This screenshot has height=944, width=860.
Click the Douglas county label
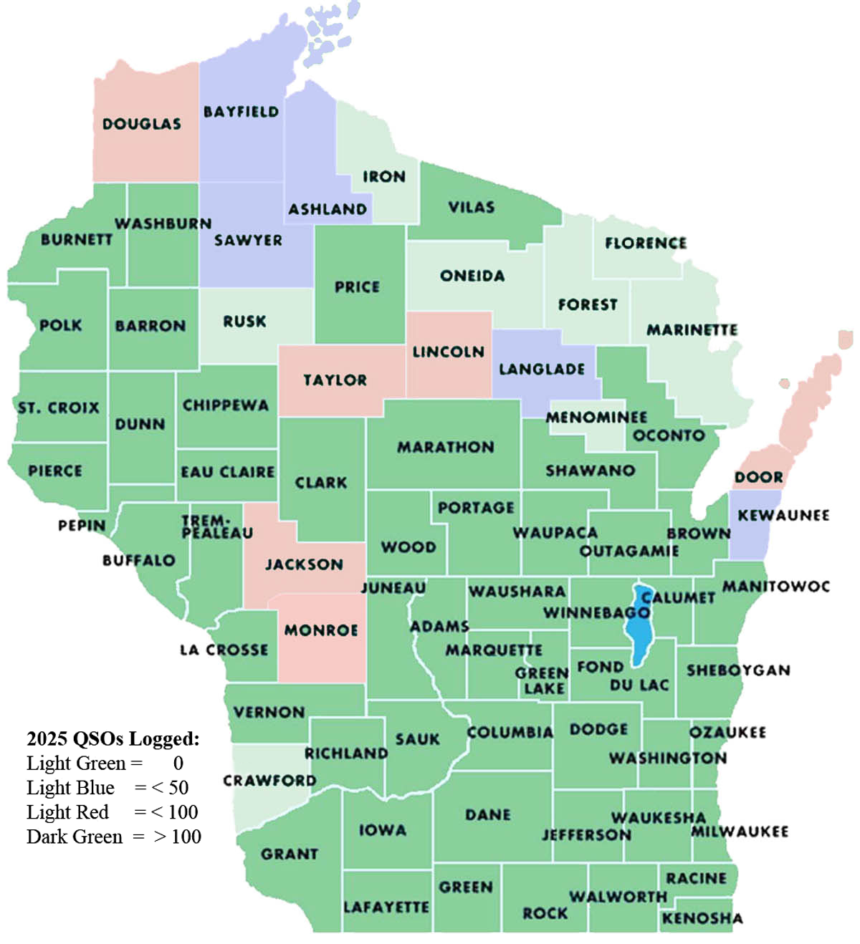click(x=141, y=124)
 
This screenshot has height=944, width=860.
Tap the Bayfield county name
click(x=241, y=112)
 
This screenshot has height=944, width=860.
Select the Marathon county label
click(x=445, y=447)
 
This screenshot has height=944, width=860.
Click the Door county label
click(x=758, y=477)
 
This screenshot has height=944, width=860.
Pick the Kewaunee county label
click(x=783, y=515)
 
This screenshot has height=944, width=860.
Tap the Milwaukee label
click(x=739, y=832)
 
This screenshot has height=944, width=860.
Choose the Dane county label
click(x=487, y=814)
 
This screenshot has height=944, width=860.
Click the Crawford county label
click(x=269, y=780)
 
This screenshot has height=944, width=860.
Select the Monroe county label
click(x=320, y=630)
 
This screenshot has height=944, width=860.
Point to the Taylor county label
click(x=335, y=380)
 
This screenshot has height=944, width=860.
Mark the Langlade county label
click(x=542, y=370)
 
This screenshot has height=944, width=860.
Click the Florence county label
click(x=645, y=244)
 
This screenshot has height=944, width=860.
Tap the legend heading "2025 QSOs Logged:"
click(x=113, y=738)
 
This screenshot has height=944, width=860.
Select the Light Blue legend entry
click(x=107, y=788)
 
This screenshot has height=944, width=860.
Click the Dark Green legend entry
click(x=113, y=837)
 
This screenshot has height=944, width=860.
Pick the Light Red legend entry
click(x=112, y=812)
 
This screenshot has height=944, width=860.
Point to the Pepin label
click(x=82, y=526)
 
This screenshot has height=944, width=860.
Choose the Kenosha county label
click(x=702, y=918)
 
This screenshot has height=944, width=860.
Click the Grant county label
click(x=289, y=854)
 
